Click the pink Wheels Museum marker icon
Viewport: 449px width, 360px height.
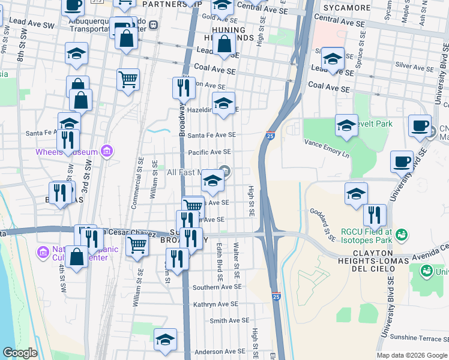[107, 151]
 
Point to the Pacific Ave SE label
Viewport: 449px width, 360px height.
[209, 152]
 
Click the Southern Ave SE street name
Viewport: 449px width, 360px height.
[217, 287]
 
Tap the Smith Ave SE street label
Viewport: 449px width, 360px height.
[225, 321]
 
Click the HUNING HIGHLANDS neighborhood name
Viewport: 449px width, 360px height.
[229, 34]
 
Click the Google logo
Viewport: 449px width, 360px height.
[20, 353]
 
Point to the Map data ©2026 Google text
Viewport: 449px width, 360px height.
[412, 355]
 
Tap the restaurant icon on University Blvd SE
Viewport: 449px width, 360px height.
[375, 215]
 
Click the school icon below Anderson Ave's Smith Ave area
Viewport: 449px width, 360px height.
[165, 340]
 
